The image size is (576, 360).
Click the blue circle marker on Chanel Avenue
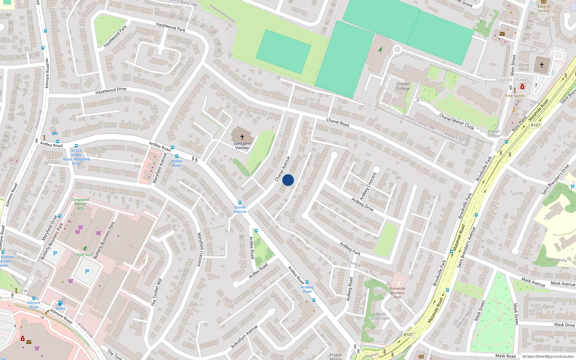pyautogui.click(x=288, y=180)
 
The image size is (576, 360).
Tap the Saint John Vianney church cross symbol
pyautogui.click(x=242, y=137)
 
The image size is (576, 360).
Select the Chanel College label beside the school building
pyautogui.click(x=403, y=86)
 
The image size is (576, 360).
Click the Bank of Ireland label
pyautogui.click(x=544, y=9)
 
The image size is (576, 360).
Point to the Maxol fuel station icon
pyautogui.click(x=60, y=303)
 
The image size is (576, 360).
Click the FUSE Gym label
pyautogui.click(x=85, y=255)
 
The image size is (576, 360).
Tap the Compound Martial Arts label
pyautogui.click(x=80, y=204)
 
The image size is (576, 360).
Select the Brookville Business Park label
pyautogui.click(x=397, y=293)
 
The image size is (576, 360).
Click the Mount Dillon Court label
pyautogui.click(x=381, y=316)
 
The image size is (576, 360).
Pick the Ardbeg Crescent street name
pyautogui.click(x=368, y=186)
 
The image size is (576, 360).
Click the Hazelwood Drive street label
pyautogui.click(x=111, y=90)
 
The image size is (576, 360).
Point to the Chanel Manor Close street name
pyautogui.click(x=456, y=121)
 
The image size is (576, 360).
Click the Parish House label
pyautogui.click(x=524, y=67)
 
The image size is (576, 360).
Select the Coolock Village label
pyautogui.click(x=511, y=80)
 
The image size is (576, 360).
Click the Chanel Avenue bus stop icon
pyautogui.click(x=240, y=203)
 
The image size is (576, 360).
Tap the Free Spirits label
pyautogui.click(x=515, y=96)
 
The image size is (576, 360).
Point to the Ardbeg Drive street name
pyautogui.click(x=363, y=204)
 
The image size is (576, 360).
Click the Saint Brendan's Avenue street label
pyautogui.click(x=466, y=247)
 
